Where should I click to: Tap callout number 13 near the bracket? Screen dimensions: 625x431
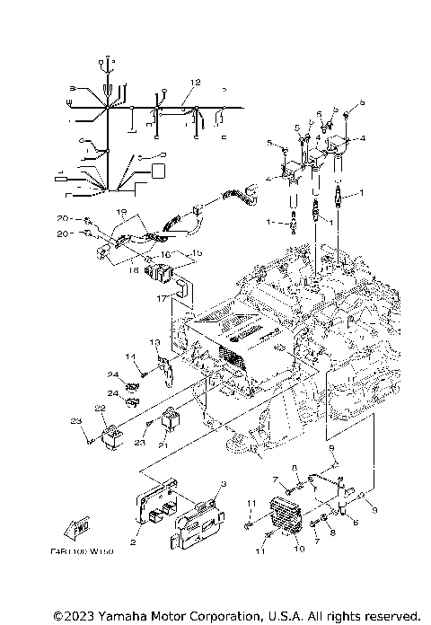pyautogui.click(x=154, y=343)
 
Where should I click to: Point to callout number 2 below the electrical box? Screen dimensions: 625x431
pyautogui.click(x=134, y=542)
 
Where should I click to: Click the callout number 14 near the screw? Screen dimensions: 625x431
pyautogui.click(x=129, y=357)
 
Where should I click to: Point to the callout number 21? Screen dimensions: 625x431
pyautogui.click(x=163, y=445)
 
